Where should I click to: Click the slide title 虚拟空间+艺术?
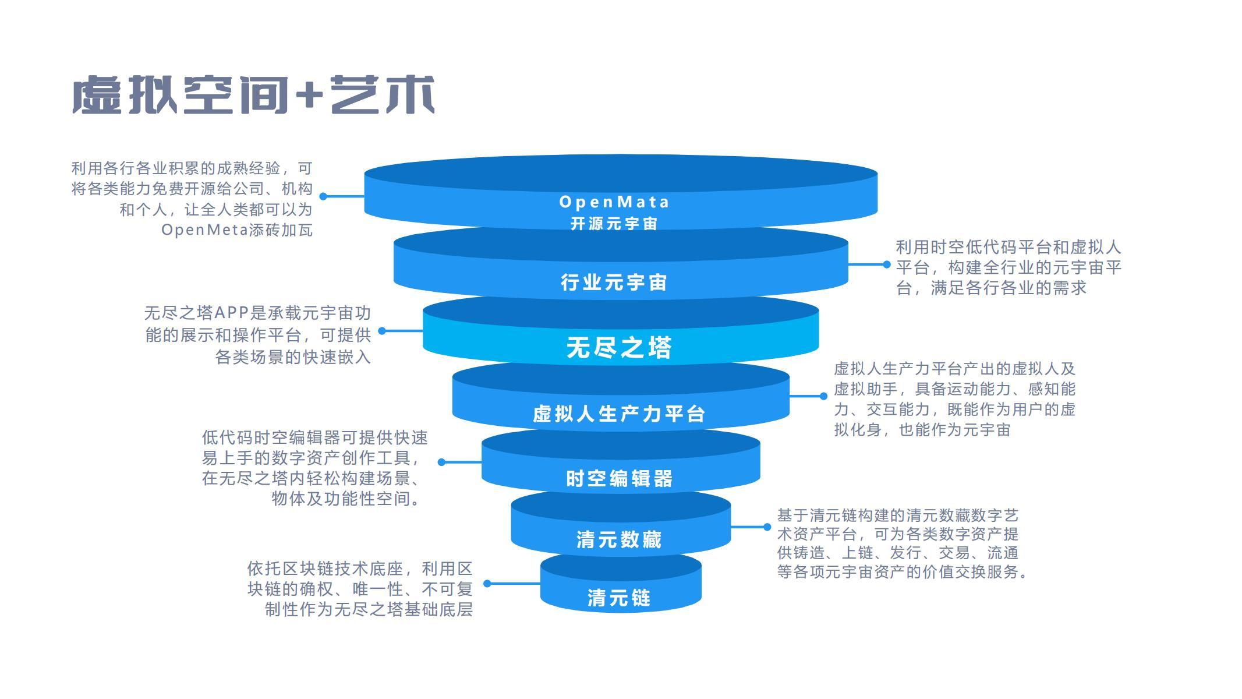pyautogui.click(x=253, y=94)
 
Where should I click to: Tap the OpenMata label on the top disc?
pyautogui.click(x=614, y=202)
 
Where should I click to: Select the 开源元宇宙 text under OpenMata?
pyautogui.click(x=614, y=224)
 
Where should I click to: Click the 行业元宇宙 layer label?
pyautogui.click(x=614, y=283)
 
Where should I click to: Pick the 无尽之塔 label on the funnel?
pyautogui.click(x=620, y=348)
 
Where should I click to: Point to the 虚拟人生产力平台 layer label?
pyautogui.click(x=620, y=414)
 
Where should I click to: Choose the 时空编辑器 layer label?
pyautogui.click(x=620, y=479)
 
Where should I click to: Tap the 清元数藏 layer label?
pyautogui.click(x=620, y=540)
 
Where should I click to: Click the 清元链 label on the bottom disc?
pyautogui.click(x=620, y=598)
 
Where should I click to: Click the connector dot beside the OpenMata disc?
pyautogui.click(x=323, y=196)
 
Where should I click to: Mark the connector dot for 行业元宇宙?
pyautogui.click(x=887, y=264)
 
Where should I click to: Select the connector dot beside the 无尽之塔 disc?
pyautogui.click(x=382, y=331)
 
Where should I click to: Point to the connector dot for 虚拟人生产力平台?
pyautogui.click(x=823, y=396)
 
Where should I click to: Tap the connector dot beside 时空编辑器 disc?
pyautogui.click(x=441, y=462)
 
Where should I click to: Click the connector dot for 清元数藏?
pyautogui.click(x=767, y=527)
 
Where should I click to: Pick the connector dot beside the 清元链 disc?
pyautogui.click(x=487, y=583)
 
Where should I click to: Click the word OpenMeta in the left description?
pyautogui.click(x=205, y=230)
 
